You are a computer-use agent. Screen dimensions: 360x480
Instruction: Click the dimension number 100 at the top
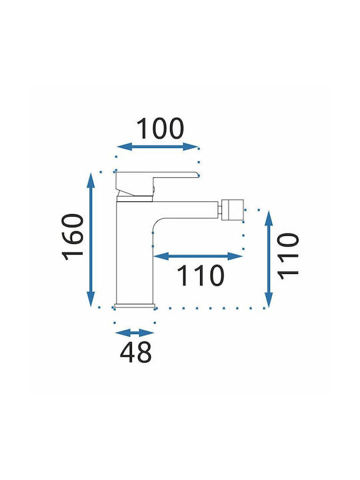tap(160, 128)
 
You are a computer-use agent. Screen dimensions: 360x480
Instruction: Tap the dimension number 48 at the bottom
tap(135, 352)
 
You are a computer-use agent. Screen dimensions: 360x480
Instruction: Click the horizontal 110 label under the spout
tap(201, 275)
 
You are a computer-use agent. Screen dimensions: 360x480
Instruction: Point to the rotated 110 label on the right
tap(288, 257)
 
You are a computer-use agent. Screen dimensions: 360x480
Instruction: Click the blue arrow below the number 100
tap(157, 147)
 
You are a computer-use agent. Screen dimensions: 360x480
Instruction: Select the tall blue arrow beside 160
tap(91, 240)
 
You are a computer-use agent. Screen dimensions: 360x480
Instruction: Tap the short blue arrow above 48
tap(134, 333)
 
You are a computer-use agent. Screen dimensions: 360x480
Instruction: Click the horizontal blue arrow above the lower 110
tap(198, 256)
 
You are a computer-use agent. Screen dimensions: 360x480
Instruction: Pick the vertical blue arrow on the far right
tap(269, 259)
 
